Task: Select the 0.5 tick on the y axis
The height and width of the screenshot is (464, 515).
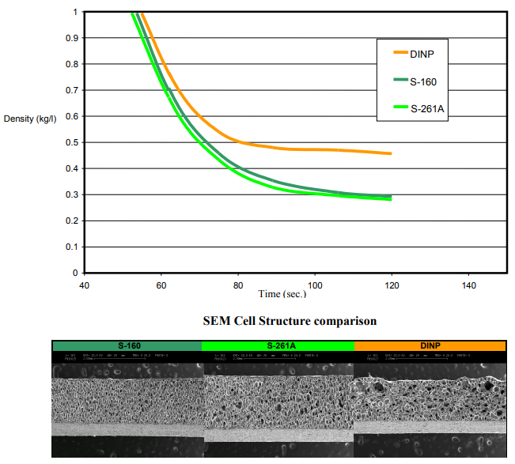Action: pyautogui.click(x=72, y=142)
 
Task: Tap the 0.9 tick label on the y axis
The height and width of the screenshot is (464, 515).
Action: pyautogui.click(x=72, y=38)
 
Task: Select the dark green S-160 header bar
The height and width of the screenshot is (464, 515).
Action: pyautogui.click(x=127, y=345)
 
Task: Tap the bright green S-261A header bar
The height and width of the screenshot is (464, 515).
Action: pyautogui.click(x=278, y=345)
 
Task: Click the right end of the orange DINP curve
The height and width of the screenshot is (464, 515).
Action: pyautogui.click(x=391, y=153)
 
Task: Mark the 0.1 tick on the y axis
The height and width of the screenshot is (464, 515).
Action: pyautogui.click(x=72, y=247)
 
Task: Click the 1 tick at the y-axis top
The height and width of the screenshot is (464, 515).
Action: pyautogui.click(x=75, y=12)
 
